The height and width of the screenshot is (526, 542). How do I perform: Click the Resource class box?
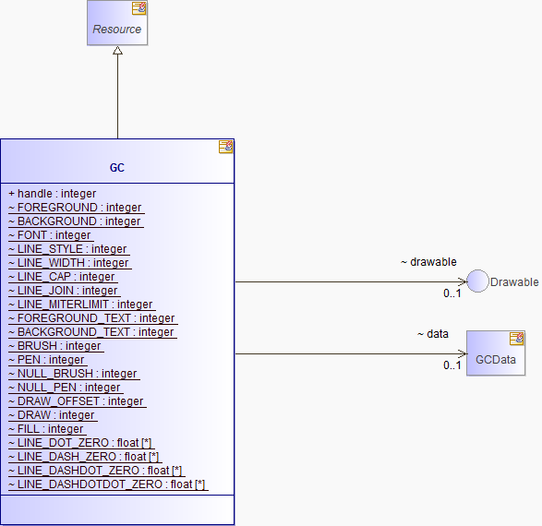click(117, 23)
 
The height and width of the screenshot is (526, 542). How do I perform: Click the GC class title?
click(117, 168)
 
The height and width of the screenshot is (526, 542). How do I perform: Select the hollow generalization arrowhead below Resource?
click(117, 51)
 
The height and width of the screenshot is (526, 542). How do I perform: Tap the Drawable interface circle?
click(477, 281)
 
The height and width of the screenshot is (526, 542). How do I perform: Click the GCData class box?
click(496, 353)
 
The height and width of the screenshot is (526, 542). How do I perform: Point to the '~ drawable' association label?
click(428, 262)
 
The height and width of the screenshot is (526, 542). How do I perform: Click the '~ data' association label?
click(433, 334)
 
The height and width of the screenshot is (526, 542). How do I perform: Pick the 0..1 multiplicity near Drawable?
click(452, 293)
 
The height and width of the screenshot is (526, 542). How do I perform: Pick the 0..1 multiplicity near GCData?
click(452, 365)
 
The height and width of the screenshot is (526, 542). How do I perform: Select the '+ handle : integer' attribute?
click(53, 194)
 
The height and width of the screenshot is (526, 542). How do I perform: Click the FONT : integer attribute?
click(50, 235)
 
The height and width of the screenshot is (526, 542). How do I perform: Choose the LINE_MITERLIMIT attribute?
click(80, 305)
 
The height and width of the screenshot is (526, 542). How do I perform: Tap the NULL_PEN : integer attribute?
click(65, 388)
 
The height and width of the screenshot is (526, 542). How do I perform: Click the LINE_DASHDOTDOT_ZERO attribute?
click(107, 484)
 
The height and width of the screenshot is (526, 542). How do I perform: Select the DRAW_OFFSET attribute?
click(76, 401)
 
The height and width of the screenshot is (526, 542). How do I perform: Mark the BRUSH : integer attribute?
click(54, 346)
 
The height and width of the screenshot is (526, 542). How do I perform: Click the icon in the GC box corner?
click(225, 147)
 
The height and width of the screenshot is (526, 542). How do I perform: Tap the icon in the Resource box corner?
click(139, 8)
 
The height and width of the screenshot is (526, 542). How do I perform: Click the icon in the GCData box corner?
click(517, 339)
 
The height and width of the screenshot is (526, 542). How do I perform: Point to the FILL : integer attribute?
click(46, 429)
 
